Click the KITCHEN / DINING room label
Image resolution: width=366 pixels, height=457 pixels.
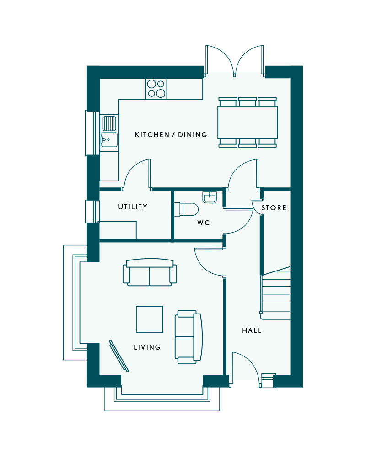coord(171,135)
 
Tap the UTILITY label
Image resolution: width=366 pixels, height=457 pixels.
coord(133,207)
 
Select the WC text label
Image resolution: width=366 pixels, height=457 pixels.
coord(204,223)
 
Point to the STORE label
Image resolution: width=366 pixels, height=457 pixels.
coord(274,208)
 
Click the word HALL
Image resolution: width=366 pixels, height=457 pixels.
coord(252,330)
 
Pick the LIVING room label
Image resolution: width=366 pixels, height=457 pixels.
coord(147,347)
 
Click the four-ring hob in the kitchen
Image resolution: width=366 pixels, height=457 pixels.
coord(156,89)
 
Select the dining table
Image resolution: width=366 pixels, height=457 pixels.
coord(248,122)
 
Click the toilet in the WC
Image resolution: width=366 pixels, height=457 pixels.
coord(186,210)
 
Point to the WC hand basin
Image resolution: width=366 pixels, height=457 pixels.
coord(210,197)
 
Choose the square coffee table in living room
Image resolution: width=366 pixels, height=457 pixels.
coord(150,319)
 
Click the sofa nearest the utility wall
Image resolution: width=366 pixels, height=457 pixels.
coord(150,272)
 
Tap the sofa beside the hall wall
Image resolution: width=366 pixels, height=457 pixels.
coord(188,337)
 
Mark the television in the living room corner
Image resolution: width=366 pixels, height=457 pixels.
coord(119,356)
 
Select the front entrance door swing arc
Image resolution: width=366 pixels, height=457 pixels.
coord(249,364)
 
